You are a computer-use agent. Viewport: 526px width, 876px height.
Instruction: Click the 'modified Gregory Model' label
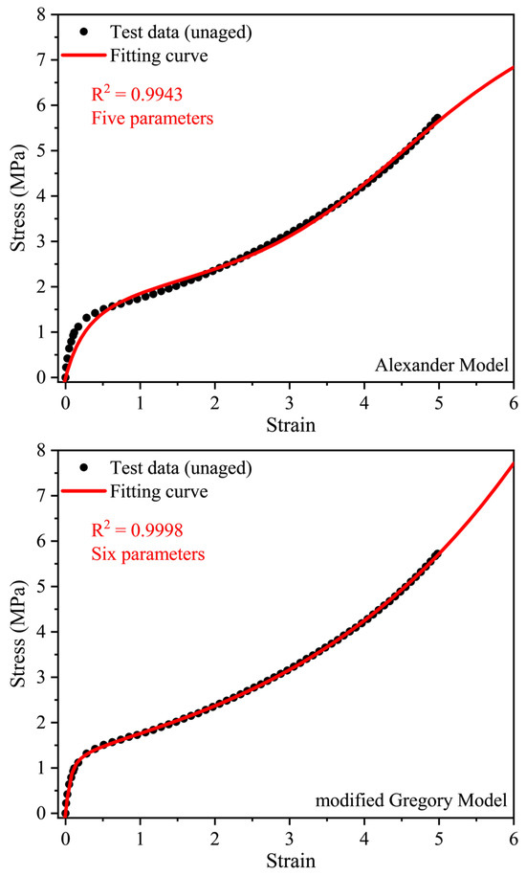point(428,799)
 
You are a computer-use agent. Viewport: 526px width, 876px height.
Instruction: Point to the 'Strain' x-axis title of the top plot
point(289,422)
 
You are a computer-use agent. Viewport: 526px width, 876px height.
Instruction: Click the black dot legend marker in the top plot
point(84,32)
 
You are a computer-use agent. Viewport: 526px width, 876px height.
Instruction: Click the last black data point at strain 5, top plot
point(437,119)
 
